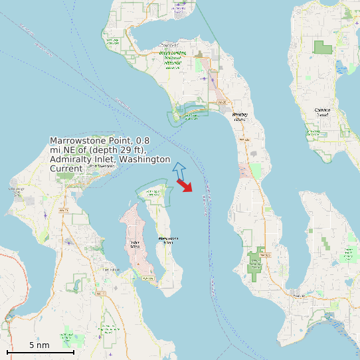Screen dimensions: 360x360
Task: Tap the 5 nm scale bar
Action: click(x=40, y=352)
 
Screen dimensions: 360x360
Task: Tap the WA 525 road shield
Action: click(x=264, y=254)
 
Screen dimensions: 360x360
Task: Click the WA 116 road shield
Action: click(x=141, y=279)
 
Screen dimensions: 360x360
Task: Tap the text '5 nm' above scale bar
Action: click(x=39, y=345)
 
